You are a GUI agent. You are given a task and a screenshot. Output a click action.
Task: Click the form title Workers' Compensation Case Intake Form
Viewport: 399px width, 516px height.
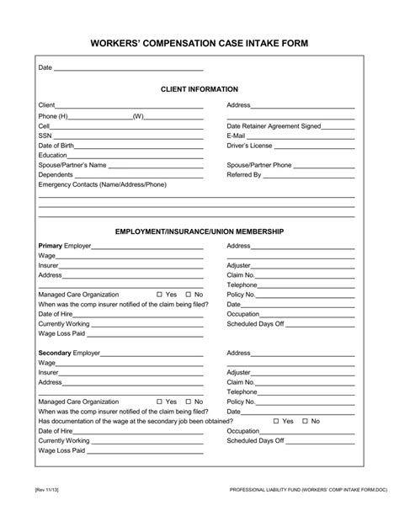199,42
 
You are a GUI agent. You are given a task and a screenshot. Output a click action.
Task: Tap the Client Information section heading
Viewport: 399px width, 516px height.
199,88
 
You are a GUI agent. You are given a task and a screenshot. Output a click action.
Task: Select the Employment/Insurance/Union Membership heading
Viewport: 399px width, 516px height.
199,231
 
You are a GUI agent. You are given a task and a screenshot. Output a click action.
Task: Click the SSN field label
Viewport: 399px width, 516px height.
45,136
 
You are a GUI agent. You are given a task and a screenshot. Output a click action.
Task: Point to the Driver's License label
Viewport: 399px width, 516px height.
246,146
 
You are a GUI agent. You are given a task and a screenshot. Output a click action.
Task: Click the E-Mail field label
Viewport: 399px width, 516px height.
236,136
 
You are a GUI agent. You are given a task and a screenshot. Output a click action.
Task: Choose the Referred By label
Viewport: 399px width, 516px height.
242,175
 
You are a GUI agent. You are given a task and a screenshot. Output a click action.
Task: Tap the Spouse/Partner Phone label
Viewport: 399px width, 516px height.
259,165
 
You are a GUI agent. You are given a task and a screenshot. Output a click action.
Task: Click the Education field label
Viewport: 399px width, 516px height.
52,156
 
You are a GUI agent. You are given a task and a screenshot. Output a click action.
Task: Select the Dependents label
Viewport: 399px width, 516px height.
56,175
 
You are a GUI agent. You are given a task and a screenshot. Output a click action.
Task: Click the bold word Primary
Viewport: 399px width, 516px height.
51,246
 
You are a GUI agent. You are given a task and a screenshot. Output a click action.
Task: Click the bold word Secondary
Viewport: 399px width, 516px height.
55,354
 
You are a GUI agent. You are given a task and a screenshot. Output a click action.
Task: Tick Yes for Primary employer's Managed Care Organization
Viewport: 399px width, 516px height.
160,295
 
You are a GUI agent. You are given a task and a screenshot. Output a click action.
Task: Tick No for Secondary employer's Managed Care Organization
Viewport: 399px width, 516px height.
189,402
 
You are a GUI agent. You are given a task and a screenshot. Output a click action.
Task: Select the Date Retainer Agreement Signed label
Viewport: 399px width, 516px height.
274,125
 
